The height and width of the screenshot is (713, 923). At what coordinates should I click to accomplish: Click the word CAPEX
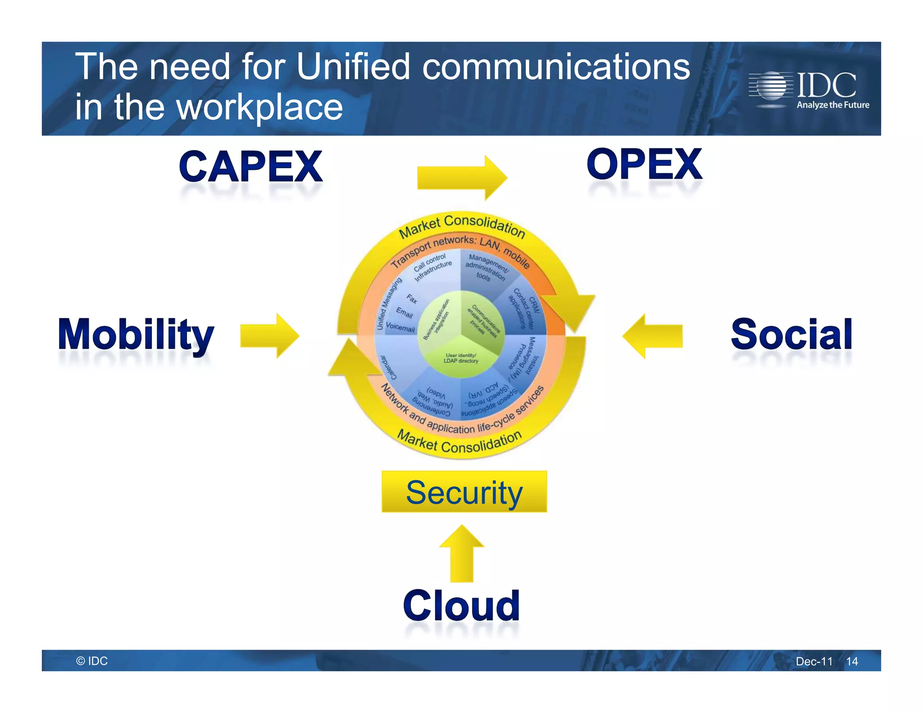251,167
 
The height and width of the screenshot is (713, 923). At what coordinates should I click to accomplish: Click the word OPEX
644,165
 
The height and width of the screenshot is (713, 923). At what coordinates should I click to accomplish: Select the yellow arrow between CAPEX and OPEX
461,178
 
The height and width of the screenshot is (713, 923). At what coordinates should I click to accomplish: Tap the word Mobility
136,334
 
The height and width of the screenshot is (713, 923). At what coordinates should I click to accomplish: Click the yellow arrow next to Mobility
270,336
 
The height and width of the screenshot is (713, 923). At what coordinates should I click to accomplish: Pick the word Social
791,334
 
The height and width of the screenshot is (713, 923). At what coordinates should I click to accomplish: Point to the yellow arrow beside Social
653,336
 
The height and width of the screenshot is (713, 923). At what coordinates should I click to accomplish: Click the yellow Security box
464,492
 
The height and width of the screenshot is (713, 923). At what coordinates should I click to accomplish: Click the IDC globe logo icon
771,86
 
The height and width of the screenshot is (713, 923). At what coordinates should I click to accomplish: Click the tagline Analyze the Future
833,105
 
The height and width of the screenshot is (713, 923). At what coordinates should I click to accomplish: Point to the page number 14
852,661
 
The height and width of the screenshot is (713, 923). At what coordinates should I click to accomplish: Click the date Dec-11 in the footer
814,661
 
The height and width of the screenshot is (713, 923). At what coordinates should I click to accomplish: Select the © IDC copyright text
92,661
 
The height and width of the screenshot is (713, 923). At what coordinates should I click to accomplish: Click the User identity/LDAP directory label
461,358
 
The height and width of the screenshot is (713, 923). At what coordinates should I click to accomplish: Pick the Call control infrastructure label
432,267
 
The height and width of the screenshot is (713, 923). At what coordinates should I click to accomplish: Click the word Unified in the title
353,67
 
